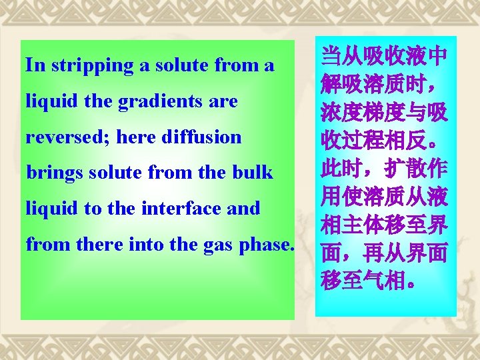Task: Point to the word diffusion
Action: (x=205, y=137)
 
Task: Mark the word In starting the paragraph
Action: (x=32, y=66)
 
